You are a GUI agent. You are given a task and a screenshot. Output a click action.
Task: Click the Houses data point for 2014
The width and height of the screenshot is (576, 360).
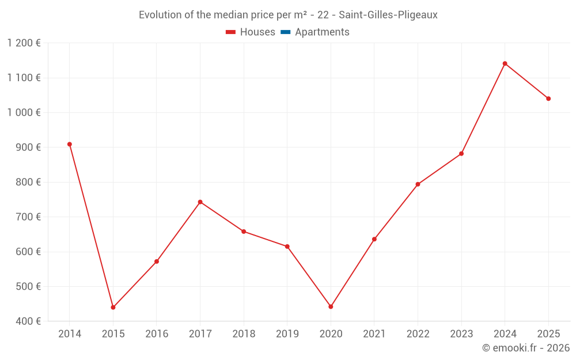[x=70, y=144]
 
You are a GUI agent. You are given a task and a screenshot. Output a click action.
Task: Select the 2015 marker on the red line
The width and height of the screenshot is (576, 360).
[x=113, y=307]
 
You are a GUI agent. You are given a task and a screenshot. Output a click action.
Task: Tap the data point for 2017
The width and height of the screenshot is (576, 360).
[x=200, y=202]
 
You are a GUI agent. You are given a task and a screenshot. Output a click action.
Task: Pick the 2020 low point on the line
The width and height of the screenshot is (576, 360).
[x=331, y=306]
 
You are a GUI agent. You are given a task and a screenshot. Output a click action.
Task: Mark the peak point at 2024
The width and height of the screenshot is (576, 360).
[x=505, y=63]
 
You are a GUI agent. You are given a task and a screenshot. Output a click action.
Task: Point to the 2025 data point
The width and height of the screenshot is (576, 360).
[x=548, y=98]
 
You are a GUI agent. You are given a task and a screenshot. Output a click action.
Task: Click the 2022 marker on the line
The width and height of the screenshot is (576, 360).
[x=418, y=184]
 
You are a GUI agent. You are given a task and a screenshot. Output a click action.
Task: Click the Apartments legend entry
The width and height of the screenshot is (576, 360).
[x=322, y=32]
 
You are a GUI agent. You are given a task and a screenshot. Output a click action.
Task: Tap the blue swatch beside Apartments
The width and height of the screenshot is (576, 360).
[x=285, y=32]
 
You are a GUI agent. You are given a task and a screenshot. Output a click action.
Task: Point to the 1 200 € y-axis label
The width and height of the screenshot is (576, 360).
[x=24, y=43]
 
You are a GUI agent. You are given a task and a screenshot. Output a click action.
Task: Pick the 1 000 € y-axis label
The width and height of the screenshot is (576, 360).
[x=24, y=112]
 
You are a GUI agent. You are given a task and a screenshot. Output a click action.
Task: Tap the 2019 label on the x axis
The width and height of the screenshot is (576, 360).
[x=287, y=334]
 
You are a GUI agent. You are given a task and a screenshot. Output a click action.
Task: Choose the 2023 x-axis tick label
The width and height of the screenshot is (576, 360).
[x=461, y=334]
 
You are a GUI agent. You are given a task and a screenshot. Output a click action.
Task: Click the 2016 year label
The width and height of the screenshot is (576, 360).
[x=157, y=334]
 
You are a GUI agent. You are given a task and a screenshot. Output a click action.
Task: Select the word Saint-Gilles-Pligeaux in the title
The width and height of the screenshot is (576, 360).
[x=388, y=15]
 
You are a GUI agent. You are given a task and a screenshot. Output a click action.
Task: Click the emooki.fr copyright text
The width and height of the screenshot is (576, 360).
[x=526, y=348]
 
